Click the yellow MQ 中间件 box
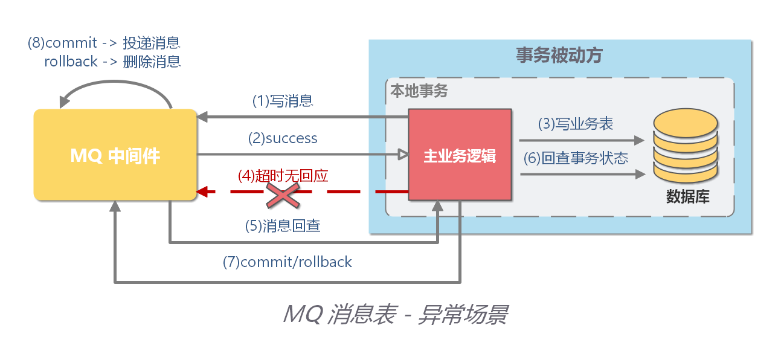click(x=115, y=155)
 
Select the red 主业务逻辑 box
click(x=460, y=156)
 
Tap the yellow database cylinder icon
click(x=685, y=148)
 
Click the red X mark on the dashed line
click(x=284, y=193)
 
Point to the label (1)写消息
click(x=282, y=101)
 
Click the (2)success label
click(x=283, y=138)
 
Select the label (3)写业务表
click(x=576, y=124)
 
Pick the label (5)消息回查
click(x=283, y=226)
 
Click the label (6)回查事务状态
click(x=576, y=158)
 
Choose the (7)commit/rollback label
click(x=288, y=262)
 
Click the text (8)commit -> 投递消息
click(x=104, y=43)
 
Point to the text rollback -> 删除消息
click(x=112, y=62)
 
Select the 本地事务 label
click(x=419, y=91)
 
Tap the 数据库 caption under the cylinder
click(x=687, y=197)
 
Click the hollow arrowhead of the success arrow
click(x=402, y=155)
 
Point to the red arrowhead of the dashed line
click(x=204, y=192)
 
